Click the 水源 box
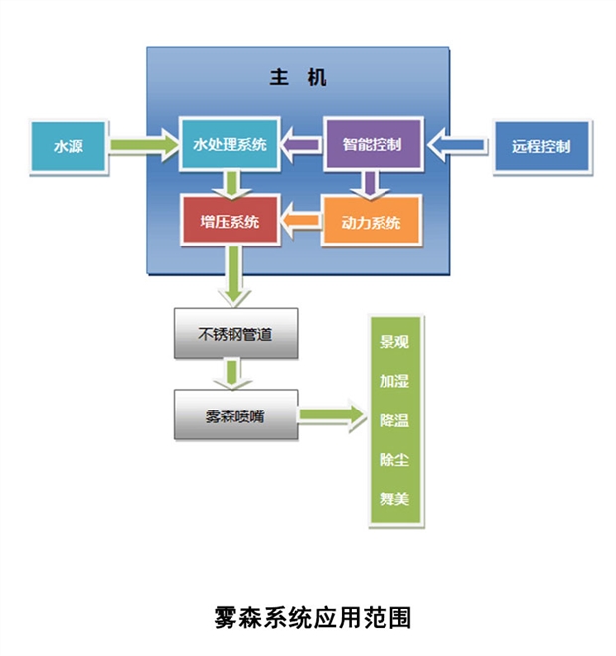pyautogui.click(x=69, y=146)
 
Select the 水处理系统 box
pyautogui.click(x=230, y=144)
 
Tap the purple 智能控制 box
pyautogui.click(x=374, y=144)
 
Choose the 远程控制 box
pyautogui.click(x=541, y=146)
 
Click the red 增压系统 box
pyautogui.click(x=231, y=221)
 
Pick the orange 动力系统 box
pyautogui.click(x=372, y=222)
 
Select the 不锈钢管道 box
pyautogui.click(x=235, y=333)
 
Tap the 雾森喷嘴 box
pyautogui.click(x=235, y=415)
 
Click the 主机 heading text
pyautogui.click(x=298, y=78)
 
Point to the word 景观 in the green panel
pyautogui.click(x=393, y=342)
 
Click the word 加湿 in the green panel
pyautogui.click(x=393, y=381)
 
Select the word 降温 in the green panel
pyautogui.click(x=393, y=420)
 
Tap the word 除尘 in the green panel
pyautogui.click(x=393, y=460)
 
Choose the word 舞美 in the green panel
pyautogui.click(x=393, y=499)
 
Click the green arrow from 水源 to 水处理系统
pyautogui.click(x=144, y=145)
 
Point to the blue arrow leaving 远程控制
pyautogui.click(x=458, y=145)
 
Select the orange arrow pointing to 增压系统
pyautogui.click(x=301, y=221)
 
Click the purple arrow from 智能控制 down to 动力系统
pyautogui.click(x=370, y=185)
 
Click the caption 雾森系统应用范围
pyautogui.click(x=313, y=618)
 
